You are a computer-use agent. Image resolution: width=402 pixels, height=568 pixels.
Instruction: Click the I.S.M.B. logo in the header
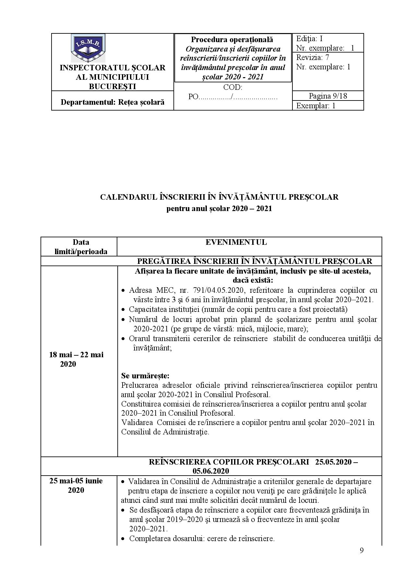88,48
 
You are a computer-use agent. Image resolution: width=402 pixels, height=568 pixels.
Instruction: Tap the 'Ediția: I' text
309,39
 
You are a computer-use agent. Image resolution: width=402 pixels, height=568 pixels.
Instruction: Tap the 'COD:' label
232,88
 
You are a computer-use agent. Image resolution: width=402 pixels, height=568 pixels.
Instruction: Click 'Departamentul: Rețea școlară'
112,102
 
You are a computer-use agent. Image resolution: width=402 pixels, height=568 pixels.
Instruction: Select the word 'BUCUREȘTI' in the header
112,86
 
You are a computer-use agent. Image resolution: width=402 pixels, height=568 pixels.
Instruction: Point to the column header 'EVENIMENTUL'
236,242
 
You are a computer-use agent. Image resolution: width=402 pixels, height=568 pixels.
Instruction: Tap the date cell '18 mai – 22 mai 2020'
76,359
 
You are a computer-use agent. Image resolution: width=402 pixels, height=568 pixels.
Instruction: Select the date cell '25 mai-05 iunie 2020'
76,485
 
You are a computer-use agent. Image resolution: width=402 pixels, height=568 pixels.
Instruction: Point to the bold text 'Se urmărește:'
145,376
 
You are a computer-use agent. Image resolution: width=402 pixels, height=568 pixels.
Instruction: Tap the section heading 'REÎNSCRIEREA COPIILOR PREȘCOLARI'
229,462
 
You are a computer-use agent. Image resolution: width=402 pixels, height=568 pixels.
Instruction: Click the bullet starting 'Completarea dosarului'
202,538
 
